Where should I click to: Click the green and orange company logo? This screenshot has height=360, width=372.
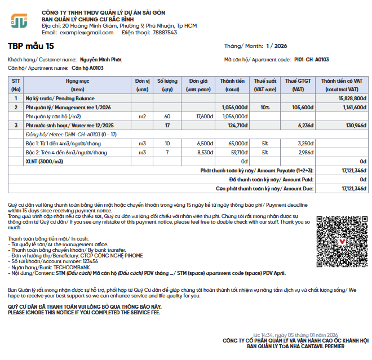pos(19,22)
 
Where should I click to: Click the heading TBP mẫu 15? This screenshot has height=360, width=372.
pos(31,46)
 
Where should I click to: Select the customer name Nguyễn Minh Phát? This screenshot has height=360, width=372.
pos(100,59)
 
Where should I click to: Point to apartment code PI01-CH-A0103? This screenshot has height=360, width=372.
pos(311,59)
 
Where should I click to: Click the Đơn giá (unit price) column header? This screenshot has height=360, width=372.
pos(198,85)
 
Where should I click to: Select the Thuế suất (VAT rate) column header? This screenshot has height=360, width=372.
pos(265,85)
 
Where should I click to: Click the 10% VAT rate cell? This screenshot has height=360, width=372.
pos(265,107)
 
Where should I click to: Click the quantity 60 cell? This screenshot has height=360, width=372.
pos(167,116)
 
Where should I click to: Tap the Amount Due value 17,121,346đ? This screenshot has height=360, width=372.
pos(353,188)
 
